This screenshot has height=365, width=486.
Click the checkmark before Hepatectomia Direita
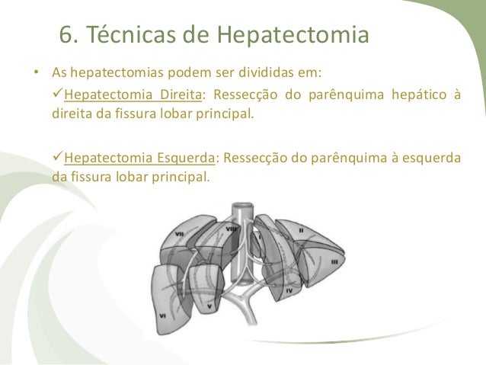coord(57,95)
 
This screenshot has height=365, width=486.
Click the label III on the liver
coord(333,261)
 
